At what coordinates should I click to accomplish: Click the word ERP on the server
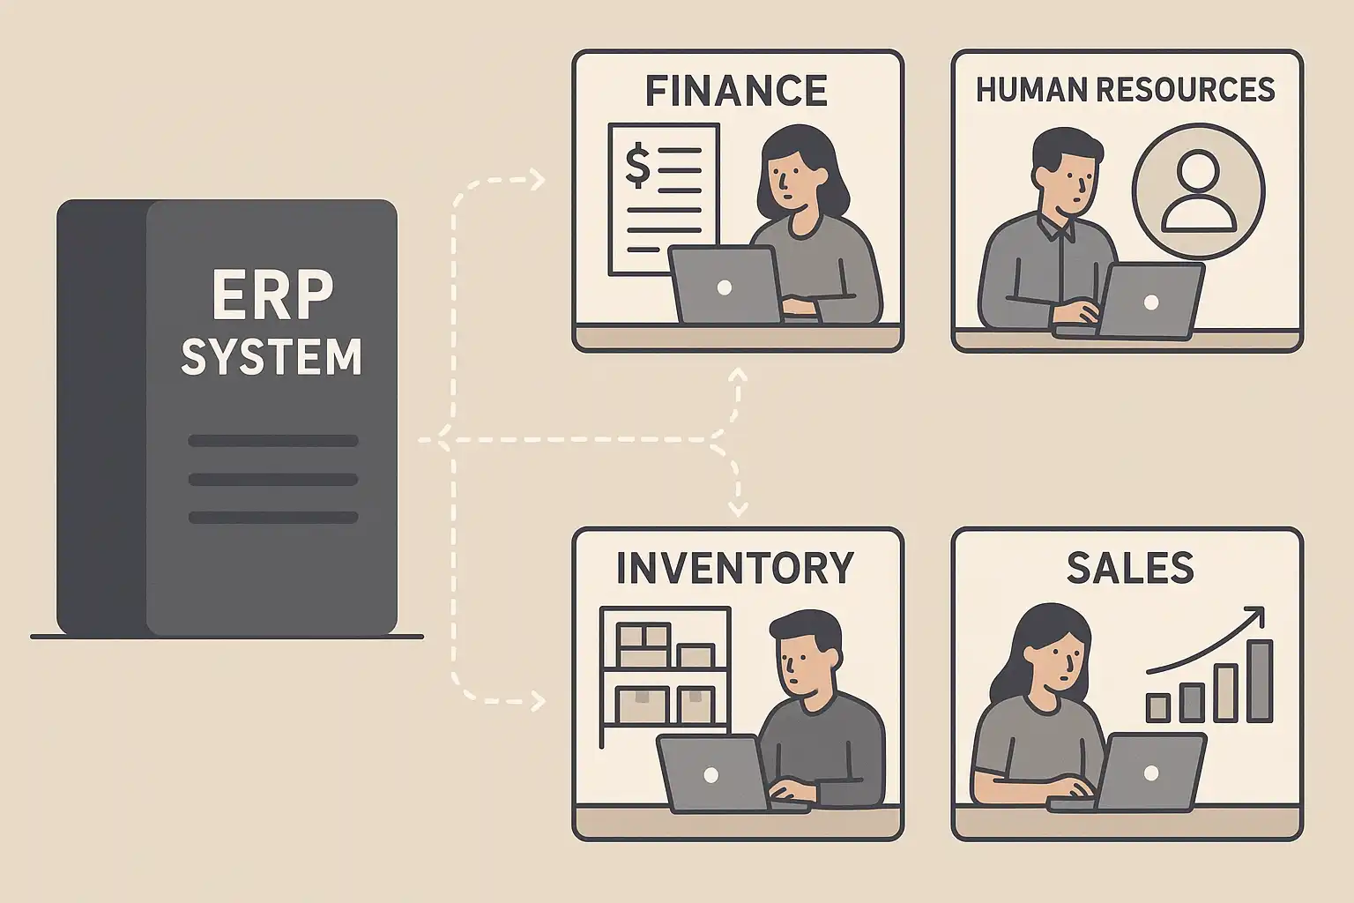pos(272,296)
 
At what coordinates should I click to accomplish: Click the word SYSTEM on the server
pos(272,356)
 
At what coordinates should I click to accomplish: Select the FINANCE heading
pos(736,90)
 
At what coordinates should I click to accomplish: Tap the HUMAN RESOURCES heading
pos(1126,89)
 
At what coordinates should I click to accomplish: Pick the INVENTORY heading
pos(735,568)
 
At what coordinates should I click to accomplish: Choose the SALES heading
pos(1130,568)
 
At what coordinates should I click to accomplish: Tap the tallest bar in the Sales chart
pos(1261,680)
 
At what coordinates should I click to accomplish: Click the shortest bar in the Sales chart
pos(1157,707)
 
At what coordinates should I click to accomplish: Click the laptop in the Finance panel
pos(725,285)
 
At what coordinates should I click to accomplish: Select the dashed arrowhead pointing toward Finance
pos(536,181)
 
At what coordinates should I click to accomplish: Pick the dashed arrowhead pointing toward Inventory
pos(536,701)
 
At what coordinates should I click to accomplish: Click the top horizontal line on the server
pos(272,440)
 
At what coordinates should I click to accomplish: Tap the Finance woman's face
pos(788,177)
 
